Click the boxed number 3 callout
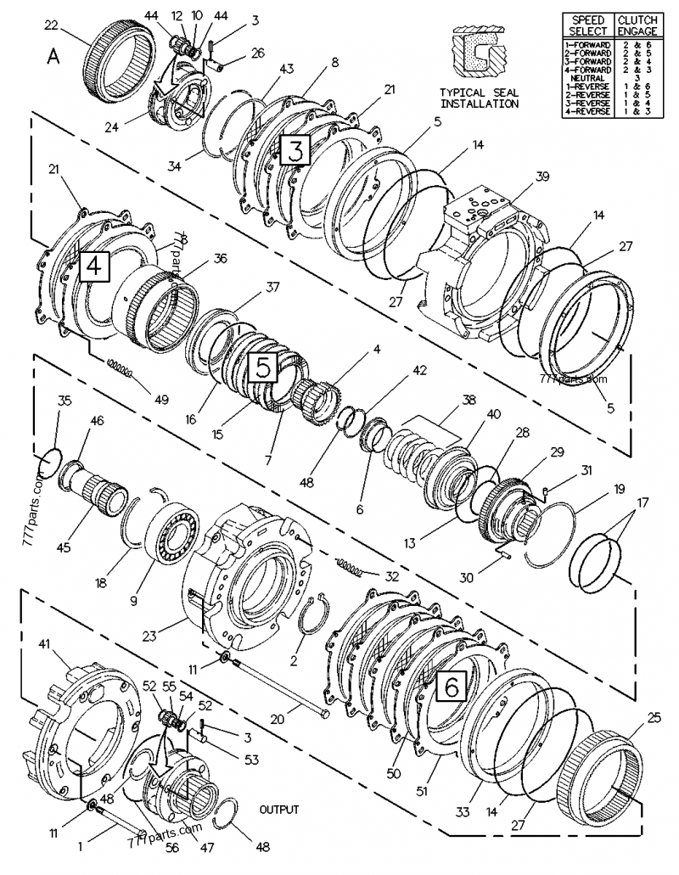tap(295, 151)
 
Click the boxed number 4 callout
tap(93, 266)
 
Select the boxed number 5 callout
tap(263, 367)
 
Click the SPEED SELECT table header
tap(587, 25)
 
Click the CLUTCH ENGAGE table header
tap(637, 25)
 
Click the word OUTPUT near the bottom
tap(279, 810)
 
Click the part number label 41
tap(43, 645)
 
